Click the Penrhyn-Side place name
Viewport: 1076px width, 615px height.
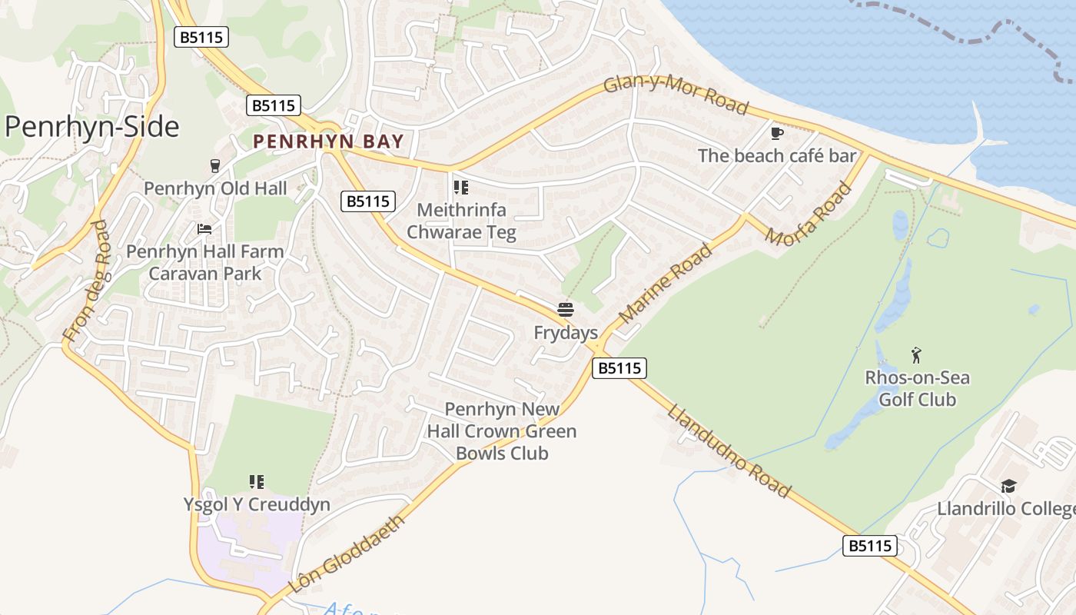tap(92, 127)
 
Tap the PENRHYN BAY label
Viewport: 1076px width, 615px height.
tap(328, 141)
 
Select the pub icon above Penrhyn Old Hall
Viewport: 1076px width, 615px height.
tap(215, 166)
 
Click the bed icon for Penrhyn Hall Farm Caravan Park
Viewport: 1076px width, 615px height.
tap(204, 229)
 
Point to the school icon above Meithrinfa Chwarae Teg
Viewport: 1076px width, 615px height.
tap(461, 188)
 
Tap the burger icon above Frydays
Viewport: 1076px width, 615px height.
tap(566, 310)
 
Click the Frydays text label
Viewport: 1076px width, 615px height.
tap(566, 333)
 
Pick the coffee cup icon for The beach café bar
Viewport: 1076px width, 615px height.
tap(777, 134)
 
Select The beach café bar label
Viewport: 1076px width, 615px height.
tap(776, 156)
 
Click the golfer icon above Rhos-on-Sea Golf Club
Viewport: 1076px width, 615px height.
tap(916, 355)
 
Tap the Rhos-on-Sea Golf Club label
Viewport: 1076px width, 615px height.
tap(917, 388)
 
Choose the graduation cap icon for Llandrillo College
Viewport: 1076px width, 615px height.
tap(1008, 486)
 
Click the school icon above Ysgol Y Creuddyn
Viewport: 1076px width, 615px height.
tap(257, 482)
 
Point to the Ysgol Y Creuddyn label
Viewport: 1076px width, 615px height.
tap(257, 505)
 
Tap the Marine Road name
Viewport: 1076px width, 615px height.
tap(665, 284)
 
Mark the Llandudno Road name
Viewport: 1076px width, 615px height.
tap(729, 451)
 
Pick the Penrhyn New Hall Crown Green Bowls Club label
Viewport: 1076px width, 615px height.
tap(502, 431)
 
